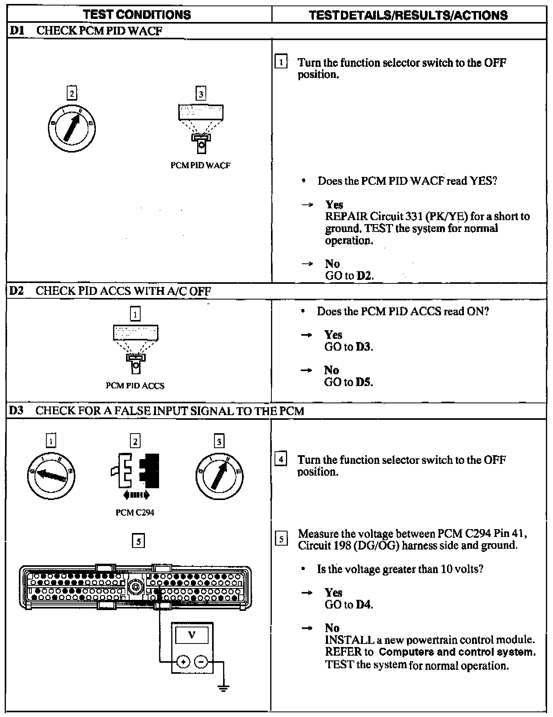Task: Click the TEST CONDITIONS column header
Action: coord(137,15)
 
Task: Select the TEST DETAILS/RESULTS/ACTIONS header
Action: coord(408,15)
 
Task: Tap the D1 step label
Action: coord(16,31)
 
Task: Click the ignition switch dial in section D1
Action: coord(72,128)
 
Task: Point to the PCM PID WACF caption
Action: coord(200,165)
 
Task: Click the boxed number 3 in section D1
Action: coord(201,94)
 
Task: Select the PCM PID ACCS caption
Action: coord(135,386)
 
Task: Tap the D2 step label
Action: coord(16,291)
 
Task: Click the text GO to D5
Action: coord(348,382)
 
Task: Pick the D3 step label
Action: coord(16,411)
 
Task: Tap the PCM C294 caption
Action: coord(135,513)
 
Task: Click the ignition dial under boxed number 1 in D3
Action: coord(51,476)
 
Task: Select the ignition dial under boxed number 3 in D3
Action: coord(219,476)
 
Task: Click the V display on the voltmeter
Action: coord(192,634)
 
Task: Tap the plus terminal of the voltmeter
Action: coord(183,662)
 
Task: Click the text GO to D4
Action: coord(348,605)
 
